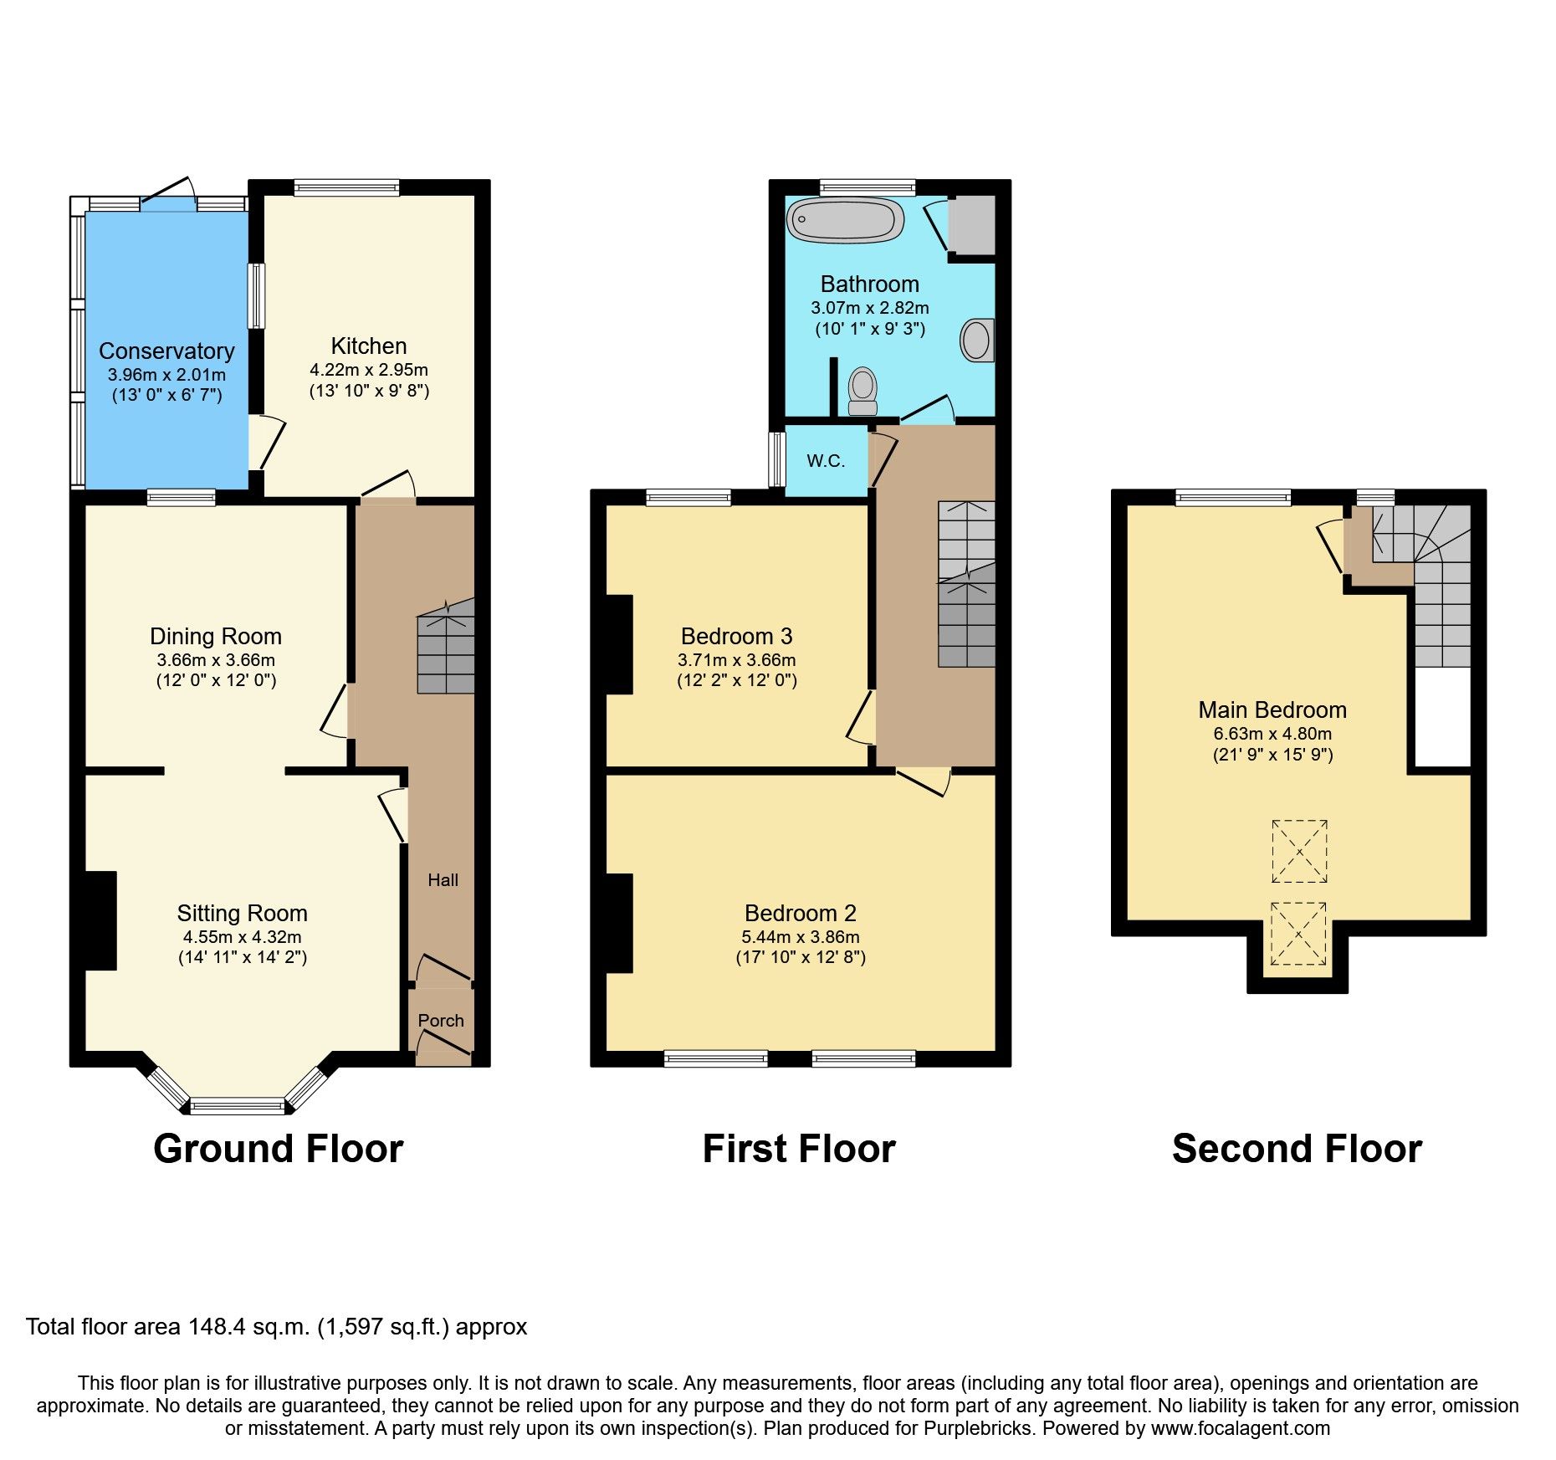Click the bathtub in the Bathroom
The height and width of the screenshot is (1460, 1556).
click(845, 221)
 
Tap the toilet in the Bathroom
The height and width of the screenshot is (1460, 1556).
click(862, 392)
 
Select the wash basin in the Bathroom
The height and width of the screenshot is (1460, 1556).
click(976, 341)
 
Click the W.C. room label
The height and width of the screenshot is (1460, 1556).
click(826, 461)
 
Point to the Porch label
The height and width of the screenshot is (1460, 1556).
click(441, 1021)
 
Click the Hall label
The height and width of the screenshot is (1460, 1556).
click(443, 880)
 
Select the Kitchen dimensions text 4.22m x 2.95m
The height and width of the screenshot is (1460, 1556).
click(369, 370)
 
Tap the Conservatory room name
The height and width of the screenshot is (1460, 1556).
click(166, 351)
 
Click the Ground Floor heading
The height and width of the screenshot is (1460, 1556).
click(279, 1149)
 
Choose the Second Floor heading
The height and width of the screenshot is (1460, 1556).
click(1297, 1149)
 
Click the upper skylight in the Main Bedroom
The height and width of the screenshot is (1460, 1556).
click(1299, 852)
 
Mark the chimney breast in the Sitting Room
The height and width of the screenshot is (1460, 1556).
click(100, 920)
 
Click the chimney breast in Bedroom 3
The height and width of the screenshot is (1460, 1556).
click(619, 644)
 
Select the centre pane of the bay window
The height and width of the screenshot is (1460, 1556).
click(238, 1107)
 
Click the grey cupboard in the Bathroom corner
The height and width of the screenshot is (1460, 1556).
click(972, 224)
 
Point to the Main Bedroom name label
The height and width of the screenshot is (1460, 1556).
click(1272, 710)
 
